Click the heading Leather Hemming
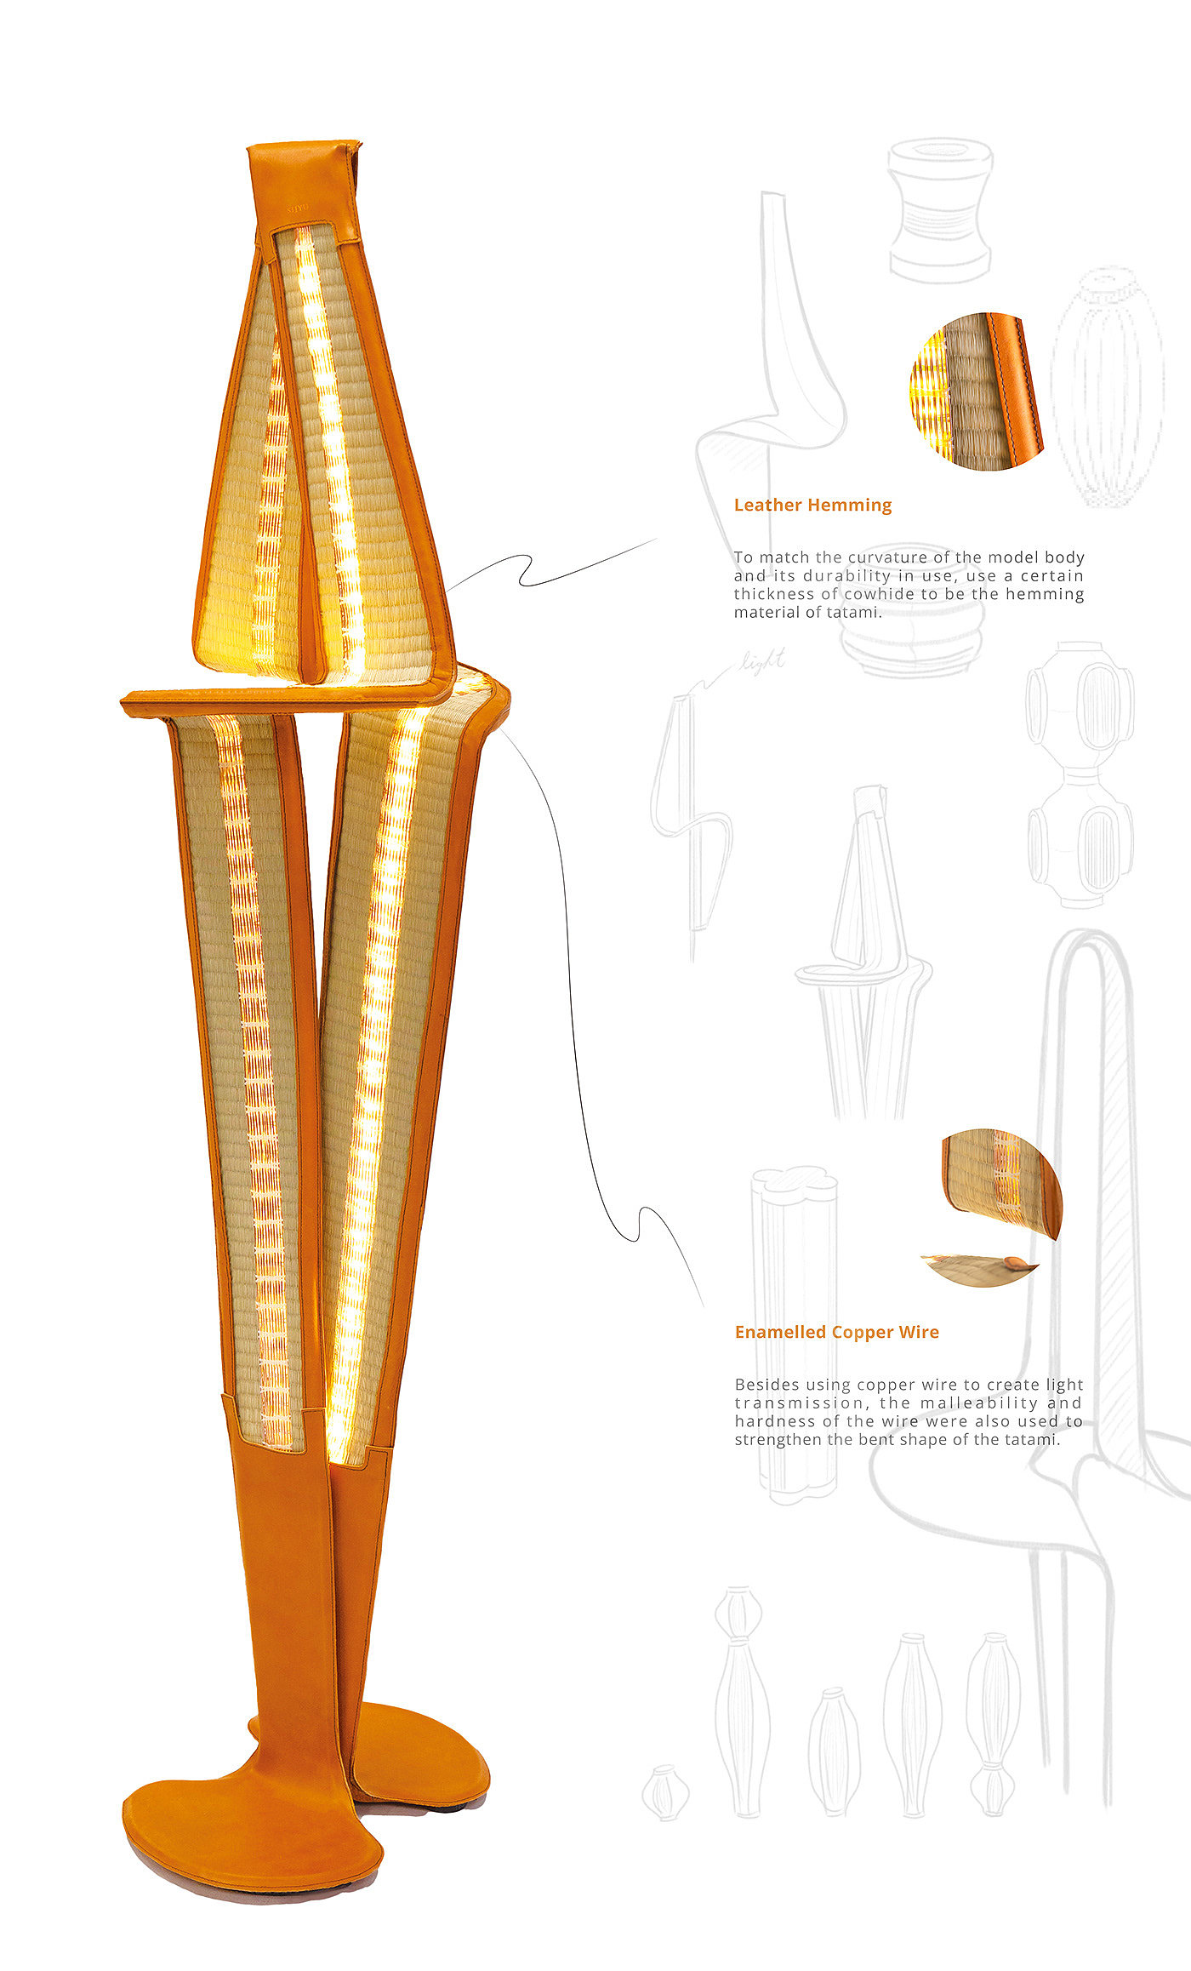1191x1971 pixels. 812,505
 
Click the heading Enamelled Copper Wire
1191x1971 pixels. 836,1332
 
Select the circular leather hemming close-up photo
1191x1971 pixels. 977,391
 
